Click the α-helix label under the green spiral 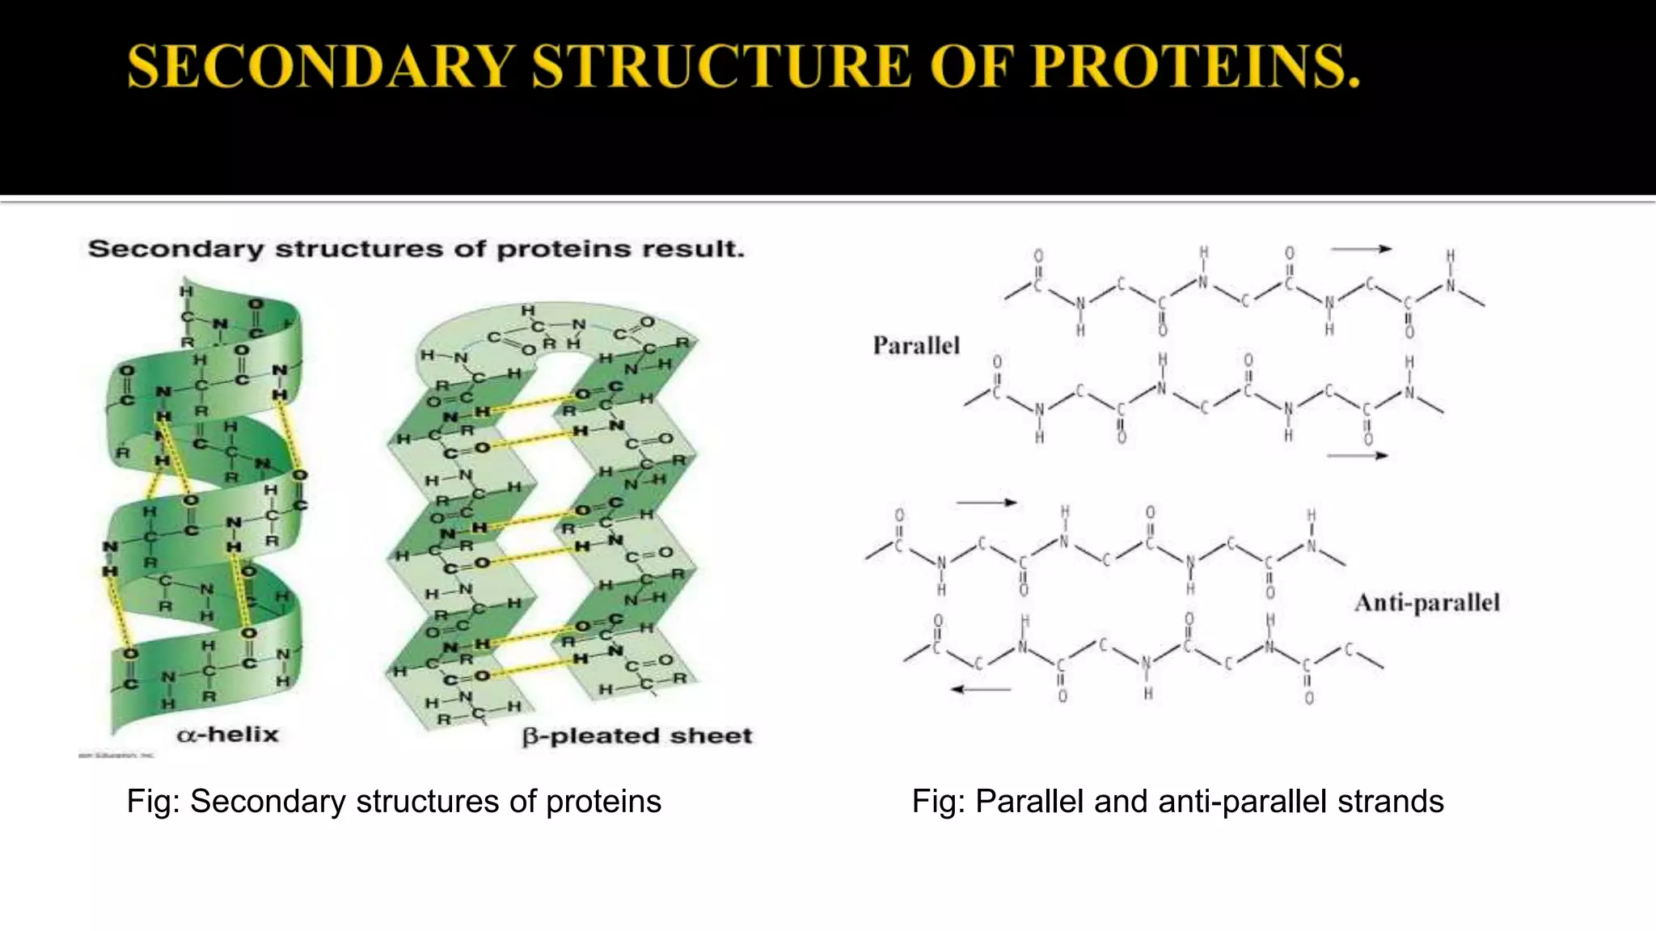click(228, 735)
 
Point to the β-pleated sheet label click(637, 736)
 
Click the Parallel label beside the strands click(916, 346)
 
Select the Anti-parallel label click(1427, 603)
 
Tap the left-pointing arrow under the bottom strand click(980, 689)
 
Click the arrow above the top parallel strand click(1361, 249)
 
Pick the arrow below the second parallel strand click(1357, 456)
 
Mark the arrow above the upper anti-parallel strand click(986, 503)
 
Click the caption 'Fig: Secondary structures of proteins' click(394, 802)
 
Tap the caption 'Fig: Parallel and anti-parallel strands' click(1177, 802)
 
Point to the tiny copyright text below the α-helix click(116, 756)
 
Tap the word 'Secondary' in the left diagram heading click(175, 249)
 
